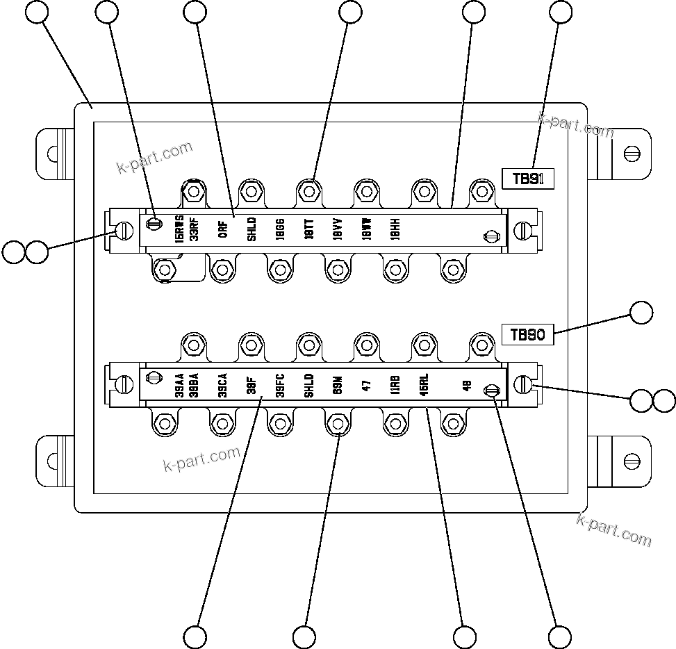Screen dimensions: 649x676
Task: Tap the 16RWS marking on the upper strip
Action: point(179,228)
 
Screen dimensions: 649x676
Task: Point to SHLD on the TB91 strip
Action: point(252,229)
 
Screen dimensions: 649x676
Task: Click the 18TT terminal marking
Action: point(309,230)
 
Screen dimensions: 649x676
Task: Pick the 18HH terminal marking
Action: point(395,230)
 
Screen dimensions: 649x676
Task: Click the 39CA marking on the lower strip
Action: point(222,384)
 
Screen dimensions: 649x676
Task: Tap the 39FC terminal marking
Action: point(280,384)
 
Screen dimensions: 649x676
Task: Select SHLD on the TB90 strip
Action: point(309,384)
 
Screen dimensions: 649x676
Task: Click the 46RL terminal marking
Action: point(424,384)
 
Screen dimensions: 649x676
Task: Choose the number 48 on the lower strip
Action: point(467,386)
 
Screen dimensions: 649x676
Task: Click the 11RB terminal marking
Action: point(395,386)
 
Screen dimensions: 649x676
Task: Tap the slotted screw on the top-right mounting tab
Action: point(632,152)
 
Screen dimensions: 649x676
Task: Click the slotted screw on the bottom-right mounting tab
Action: point(632,460)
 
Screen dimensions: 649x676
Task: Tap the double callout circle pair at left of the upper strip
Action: point(25,252)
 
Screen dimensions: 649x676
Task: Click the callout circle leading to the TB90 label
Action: point(641,313)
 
